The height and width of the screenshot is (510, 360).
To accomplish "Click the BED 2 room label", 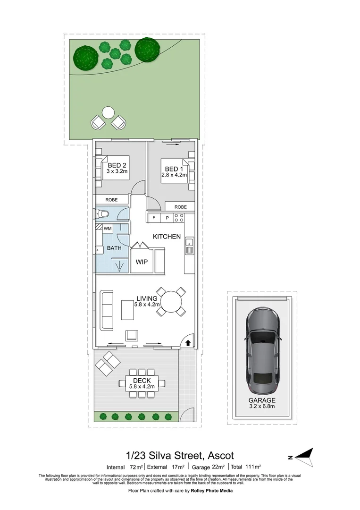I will pyautogui.click(x=117, y=165).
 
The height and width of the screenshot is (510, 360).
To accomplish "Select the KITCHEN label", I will pyautogui.click(x=167, y=236).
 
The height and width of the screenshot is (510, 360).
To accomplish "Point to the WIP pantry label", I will pyautogui.click(x=142, y=262).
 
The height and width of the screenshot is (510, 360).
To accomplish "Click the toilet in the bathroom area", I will pyautogui.click(x=103, y=214).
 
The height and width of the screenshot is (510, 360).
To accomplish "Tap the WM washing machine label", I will pyautogui.click(x=108, y=229).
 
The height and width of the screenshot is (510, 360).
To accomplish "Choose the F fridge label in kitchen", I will pyautogui.click(x=153, y=218).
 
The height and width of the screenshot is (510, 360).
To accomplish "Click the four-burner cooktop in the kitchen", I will pyautogui.click(x=179, y=218).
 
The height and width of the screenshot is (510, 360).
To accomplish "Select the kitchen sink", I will pyautogui.click(x=189, y=246).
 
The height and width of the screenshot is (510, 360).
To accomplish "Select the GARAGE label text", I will pyautogui.click(x=262, y=400).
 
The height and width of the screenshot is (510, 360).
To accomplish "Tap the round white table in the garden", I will pyautogui.click(x=109, y=113).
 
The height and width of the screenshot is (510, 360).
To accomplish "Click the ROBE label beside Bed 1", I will pyautogui.click(x=180, y=207).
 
